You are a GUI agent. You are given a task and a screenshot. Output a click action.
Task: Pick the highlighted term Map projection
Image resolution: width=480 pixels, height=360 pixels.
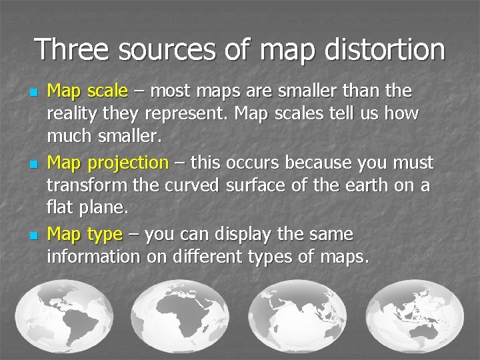coord(107,163)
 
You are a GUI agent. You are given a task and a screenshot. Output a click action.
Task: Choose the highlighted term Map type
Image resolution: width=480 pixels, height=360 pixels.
coord(85,235)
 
